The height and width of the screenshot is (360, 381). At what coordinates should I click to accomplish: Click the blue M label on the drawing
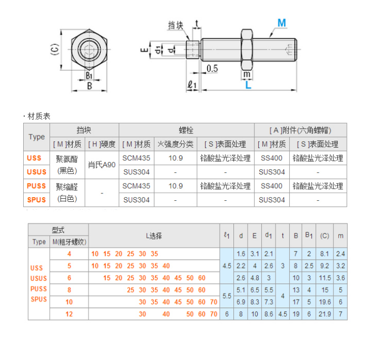point(281,23)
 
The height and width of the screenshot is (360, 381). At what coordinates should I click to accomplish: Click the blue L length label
point(248,85)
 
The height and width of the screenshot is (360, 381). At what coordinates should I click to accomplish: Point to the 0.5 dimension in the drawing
point(212,69)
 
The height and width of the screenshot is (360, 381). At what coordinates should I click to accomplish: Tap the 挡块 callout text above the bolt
point(175,25)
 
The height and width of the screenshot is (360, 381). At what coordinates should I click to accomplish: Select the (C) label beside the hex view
point(53,50)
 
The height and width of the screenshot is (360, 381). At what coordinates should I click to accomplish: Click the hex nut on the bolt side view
point(247,48)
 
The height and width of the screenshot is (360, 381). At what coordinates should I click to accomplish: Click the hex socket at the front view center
point(89,51)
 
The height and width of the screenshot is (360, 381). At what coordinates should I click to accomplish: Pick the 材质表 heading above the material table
point(38,116)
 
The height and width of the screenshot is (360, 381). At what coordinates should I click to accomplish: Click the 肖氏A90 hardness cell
point(102,164)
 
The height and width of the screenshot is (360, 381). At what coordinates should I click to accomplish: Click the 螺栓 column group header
point(187,130)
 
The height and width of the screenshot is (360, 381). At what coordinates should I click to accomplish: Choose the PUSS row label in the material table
point(36,186)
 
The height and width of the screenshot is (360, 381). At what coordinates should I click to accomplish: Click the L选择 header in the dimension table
point(154,235)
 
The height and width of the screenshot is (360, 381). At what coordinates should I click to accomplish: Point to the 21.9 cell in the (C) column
point(325,314)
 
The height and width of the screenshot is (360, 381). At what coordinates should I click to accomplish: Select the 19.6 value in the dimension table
point(325,302)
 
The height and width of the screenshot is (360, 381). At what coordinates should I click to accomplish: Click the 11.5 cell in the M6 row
point(325,278)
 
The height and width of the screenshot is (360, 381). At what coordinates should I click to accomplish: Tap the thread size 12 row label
point(69,314)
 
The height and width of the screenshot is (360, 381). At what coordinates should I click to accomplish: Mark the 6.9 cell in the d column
point(241,302)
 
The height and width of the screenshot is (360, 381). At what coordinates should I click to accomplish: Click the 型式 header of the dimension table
point(58,229)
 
